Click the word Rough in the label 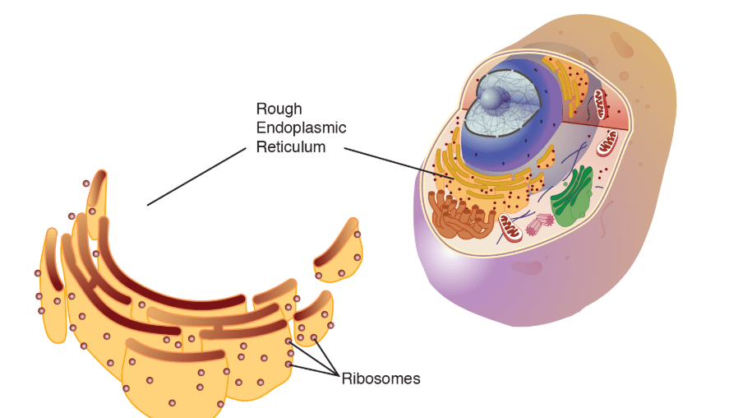[279, 109]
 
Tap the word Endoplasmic [302, 128]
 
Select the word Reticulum [291, 147]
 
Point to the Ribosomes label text [381, 379]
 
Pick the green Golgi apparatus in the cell [573, 196]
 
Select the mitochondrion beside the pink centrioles [510, 228]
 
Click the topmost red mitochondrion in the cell [601, 104]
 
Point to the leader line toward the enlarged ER [196, 176]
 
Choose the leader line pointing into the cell [399, 164]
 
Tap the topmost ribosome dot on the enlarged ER [86, 183]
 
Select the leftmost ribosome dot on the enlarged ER [38, 273]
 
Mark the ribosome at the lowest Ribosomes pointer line [288, 364]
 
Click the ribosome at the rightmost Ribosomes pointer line [314, 337]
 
